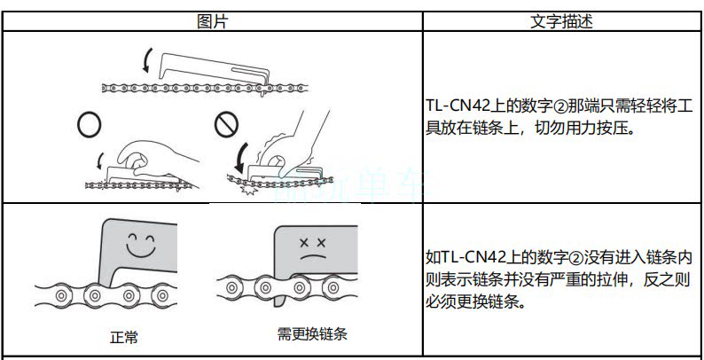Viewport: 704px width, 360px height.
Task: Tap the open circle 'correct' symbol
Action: pyautogui.click(x=88, y=126)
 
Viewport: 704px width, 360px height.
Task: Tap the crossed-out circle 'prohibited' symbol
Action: pyautogui.click(x=224, y=126)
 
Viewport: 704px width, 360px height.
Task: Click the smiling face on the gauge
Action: pyautogui.click(x=141, y=243)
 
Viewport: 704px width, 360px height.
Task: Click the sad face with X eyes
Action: pyautogui.click(x=313, y=247)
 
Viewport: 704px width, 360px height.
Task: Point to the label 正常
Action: pyautogui.click(x=123, y=337)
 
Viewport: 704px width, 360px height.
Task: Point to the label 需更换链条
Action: pyautogui.click(x=311, y=335)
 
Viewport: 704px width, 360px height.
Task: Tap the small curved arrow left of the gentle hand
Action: pyautogui.click(x=99, y=161)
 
